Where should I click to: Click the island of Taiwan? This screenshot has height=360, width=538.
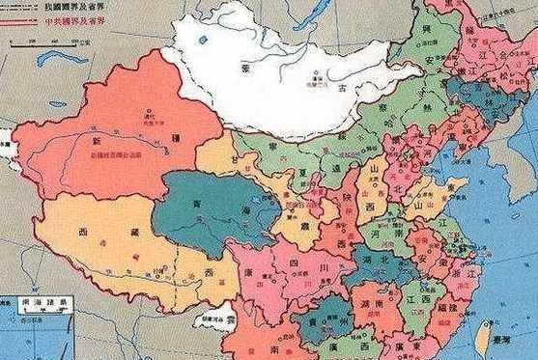point(482,334)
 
